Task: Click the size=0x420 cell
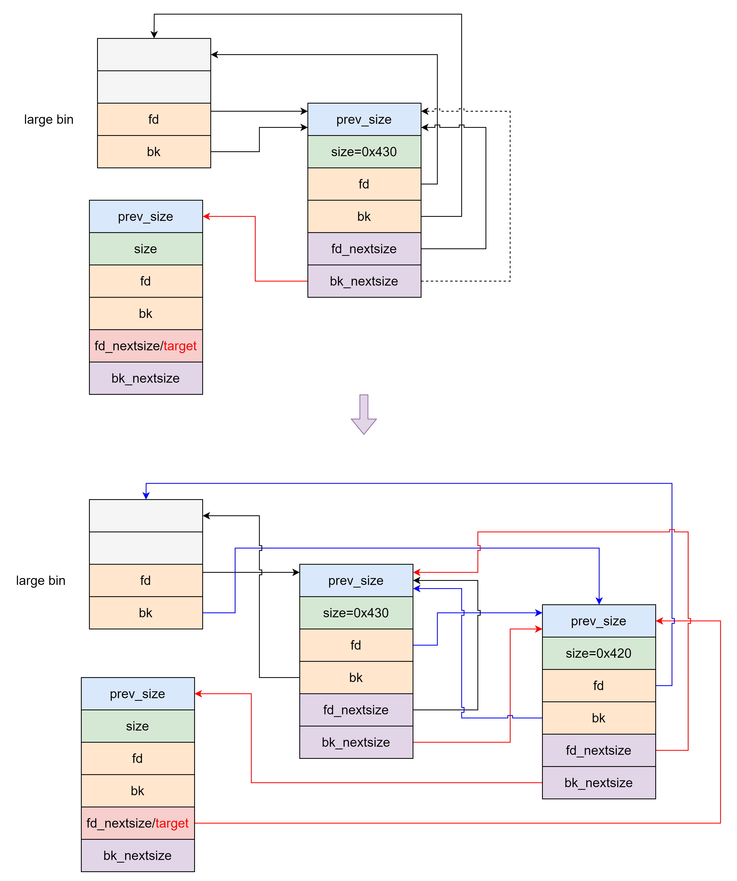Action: [599, 653]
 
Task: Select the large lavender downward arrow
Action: [364, 414]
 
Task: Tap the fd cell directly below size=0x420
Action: [599, 685]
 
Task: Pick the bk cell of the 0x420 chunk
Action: [599, 718]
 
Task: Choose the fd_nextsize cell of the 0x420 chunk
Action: [599, 750]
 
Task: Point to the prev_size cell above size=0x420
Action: [599, 621]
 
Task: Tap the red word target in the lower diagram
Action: [172, 823]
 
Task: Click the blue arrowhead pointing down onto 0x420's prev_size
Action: [599, 601]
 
